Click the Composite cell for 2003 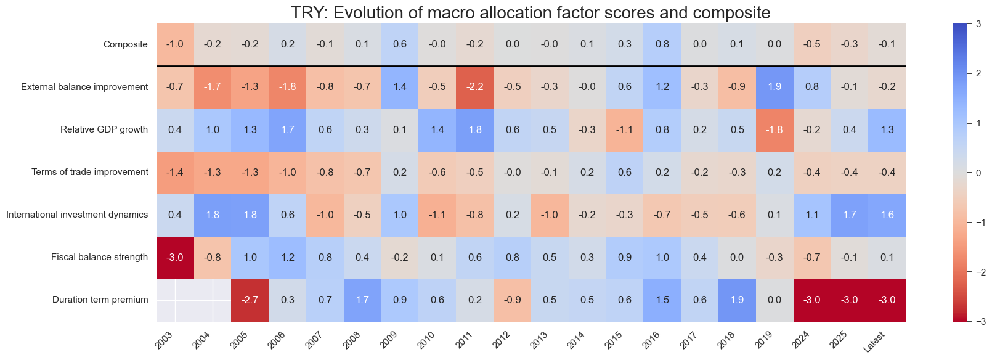(175, 44)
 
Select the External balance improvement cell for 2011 (474, 87)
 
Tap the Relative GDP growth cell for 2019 (774, 129)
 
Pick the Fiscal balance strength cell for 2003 (175, 257)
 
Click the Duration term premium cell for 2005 (250, 300)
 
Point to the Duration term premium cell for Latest (887, 300)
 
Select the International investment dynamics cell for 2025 (850, 215)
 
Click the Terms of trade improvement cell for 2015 (624, 172)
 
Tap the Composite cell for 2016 (662, 44)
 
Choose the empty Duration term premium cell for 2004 (213, 300)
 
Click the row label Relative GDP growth (104, 129)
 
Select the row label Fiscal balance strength (99, 257)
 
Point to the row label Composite (126, 44)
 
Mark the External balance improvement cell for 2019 (774, 87)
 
